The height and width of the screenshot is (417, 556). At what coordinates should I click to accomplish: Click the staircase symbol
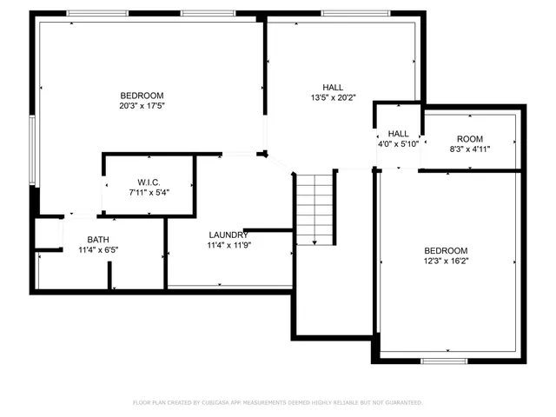click(x=315, y=208)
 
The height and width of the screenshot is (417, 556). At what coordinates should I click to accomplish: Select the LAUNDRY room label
click(x=228, y=235)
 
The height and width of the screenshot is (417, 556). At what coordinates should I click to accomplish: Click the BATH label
click(x=97, y=240)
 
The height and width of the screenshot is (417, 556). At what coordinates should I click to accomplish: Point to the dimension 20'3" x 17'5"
click(x=142, y=106)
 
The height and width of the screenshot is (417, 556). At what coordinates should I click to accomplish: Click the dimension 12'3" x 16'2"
click(x=446, y=261)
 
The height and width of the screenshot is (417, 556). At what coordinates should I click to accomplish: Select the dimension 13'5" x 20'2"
click(x=333, y=98)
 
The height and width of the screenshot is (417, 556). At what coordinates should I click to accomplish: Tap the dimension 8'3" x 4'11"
click(x=469, y=149)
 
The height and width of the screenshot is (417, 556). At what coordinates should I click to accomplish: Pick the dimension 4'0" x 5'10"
click(x=399, y=144)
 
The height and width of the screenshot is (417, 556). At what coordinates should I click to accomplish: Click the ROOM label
click(x=469, y=139)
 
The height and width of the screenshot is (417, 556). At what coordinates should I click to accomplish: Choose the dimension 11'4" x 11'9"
click(x=228, y=246)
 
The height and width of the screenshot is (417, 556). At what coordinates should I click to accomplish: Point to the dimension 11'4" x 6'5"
click(x=97, y=250)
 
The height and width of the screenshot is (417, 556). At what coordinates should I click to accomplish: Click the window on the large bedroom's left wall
click(x=32, y=149)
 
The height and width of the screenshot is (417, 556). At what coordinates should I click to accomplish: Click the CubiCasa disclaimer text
click(x=277, y=402)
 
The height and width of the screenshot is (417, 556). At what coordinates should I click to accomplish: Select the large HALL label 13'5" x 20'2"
click(x=333, y=87)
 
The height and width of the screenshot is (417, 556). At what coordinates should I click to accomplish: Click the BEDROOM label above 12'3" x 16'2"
click(x=446, y=250)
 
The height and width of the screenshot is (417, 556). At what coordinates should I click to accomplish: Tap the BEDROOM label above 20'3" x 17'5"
click(x=142, y=95)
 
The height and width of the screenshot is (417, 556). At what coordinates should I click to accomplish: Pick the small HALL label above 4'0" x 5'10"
click(x=399, y=133)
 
